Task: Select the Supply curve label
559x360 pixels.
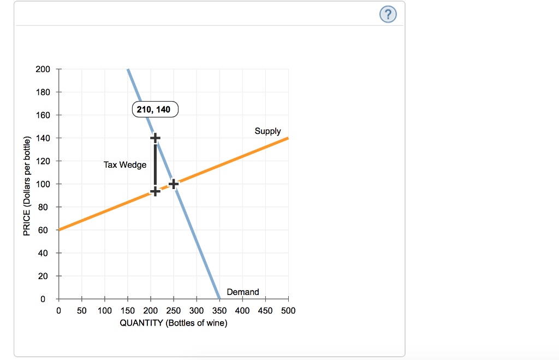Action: click(267, 131)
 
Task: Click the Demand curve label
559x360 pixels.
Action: click(243, 292)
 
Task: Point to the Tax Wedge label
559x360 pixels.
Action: click(125, 164)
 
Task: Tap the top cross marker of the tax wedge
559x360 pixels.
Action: click(155, 137)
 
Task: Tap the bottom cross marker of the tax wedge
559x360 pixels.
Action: click(155, 191)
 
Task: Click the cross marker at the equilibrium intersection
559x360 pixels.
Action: click(174, 184)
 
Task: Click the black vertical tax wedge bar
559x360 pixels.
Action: click(155, 164)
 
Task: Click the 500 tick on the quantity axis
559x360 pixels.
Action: click(288, 311)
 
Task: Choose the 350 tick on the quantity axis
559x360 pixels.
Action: click(219, 311)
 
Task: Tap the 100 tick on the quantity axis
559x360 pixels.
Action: click(105, 311)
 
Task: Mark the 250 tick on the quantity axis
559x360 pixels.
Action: click(174, 311)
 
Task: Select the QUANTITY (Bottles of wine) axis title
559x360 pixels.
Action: click(174, 323)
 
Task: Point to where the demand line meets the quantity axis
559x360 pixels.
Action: click(219, 299)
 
